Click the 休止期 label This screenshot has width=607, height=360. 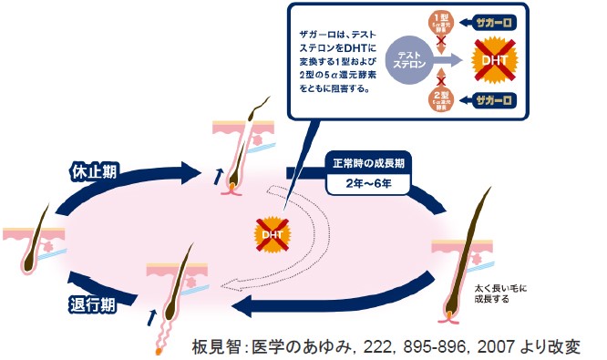click(94, 170)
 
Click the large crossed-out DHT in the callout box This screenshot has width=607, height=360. click(493, 61)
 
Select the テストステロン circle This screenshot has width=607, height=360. click(408, 61)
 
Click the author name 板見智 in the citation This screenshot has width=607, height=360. click(218, 346)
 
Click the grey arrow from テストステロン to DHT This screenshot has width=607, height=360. click(450, 61)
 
